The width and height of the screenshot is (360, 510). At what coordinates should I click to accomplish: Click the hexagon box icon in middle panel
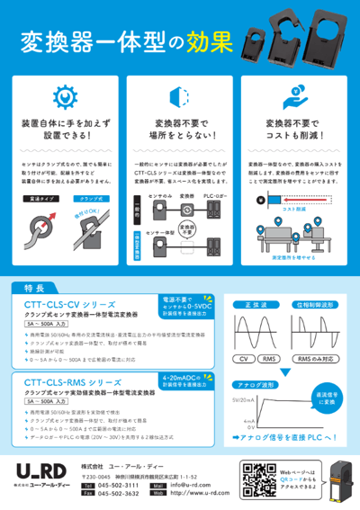click(179, 97)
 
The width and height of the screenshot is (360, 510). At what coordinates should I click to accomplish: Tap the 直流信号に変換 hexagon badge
click(324, 383)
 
